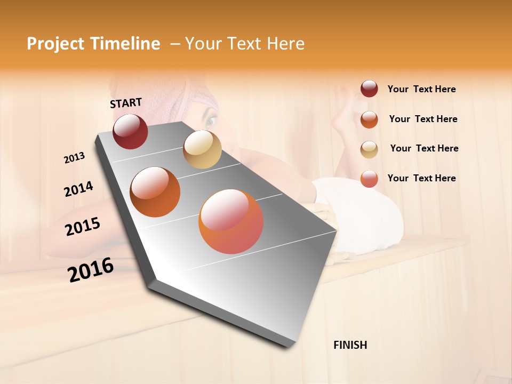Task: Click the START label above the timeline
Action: (126, 103)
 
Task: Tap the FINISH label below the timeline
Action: (350, 345)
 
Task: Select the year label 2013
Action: (74, 158)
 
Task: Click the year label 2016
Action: (91, 270)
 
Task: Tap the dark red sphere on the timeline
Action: (130, 131)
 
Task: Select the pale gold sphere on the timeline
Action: (202, 149)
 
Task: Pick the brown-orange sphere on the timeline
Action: (155, 192)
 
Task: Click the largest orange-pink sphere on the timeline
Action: (231, 221)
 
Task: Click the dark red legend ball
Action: (369, 89)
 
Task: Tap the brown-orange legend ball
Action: (369, 119)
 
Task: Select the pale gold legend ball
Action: (369, 149)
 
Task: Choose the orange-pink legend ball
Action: (369, 179)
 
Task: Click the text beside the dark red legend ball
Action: (421, 89)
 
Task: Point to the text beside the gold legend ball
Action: (424, 148)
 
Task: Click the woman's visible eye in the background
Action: (211, 121)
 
